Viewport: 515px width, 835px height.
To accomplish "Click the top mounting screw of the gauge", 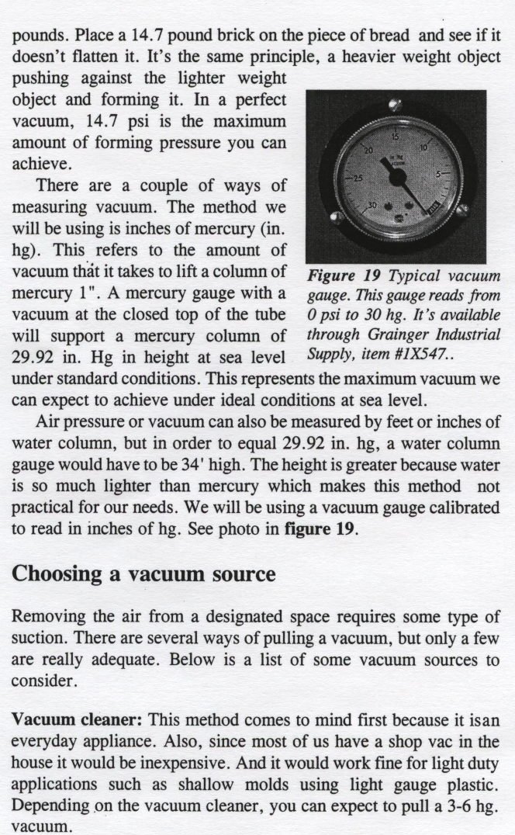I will coord(395,105).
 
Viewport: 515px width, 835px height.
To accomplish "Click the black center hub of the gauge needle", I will coord(397,178).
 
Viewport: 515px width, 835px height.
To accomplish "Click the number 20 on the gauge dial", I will coord(369,148).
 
